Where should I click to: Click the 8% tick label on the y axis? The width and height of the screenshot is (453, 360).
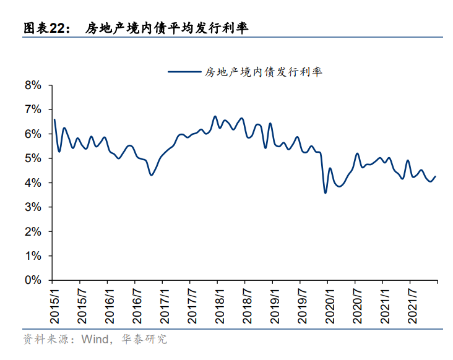(33, 85)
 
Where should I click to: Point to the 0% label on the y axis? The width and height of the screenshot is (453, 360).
(33, 280)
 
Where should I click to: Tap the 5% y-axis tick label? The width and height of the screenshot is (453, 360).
(33, 158)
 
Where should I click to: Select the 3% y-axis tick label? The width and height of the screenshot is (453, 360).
(33, 207)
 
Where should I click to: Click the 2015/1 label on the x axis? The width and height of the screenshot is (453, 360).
(54, 306)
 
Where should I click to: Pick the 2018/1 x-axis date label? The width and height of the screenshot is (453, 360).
(220, 306)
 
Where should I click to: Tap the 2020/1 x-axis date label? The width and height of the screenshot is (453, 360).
(330, 306)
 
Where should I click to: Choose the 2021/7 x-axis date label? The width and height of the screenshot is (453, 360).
(412, 306)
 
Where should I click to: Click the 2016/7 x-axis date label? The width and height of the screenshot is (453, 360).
(137, 306)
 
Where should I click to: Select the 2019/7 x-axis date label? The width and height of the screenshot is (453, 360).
(302, 306)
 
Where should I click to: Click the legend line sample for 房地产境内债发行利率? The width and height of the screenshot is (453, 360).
(184, 72)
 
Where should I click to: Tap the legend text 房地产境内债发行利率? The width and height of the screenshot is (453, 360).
(264, 72)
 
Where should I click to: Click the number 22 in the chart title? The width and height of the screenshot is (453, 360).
(57, 28)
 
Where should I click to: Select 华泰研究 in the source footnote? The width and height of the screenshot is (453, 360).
(144, 339)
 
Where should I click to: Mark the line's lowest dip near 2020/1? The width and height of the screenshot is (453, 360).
(326, 193)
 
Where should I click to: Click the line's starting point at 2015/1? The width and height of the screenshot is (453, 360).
(54, 119)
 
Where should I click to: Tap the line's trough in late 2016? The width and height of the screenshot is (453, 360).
(152, 175)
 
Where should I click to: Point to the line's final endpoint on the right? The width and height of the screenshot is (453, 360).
(436, 176)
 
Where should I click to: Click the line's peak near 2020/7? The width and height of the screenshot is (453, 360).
(357, 153)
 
